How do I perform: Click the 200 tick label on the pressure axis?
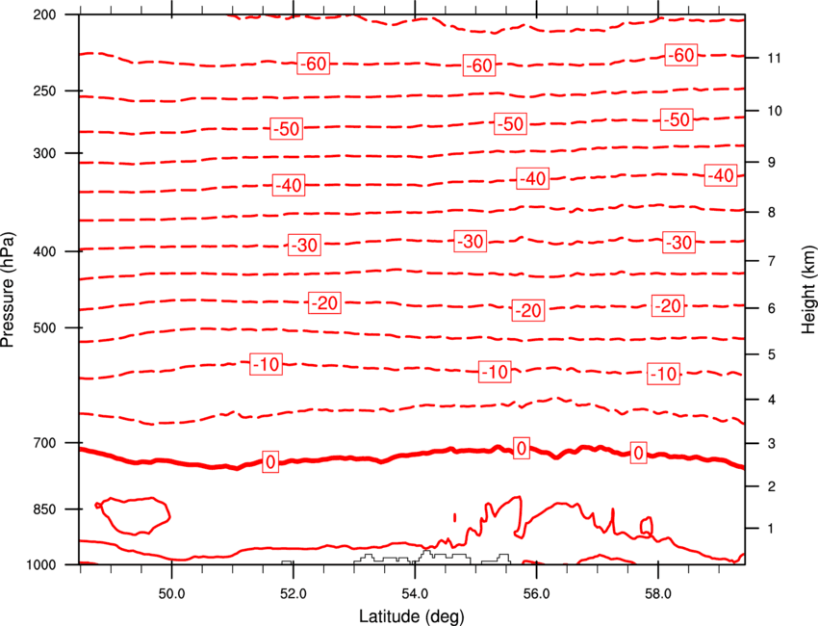coord(44,14)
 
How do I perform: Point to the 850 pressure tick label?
coord(44,509)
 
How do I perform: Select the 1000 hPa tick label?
coord(40,565)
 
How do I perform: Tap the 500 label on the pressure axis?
coord(44,327)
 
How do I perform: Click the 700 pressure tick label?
coord(44,443)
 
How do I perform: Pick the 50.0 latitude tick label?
coord(171,594)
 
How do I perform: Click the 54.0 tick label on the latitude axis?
coord(415,594)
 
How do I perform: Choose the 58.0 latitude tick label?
coord(658,594)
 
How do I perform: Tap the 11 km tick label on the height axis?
coord(774,58)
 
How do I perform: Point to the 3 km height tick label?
coord(772,444)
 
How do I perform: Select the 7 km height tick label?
coord(772,261)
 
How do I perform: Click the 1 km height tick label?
coord(771,529)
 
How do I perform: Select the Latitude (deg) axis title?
coord(412,616)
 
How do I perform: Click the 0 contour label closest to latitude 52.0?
coord(270,462)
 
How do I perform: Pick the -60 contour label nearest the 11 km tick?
coord(680,55)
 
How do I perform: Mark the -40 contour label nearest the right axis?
coord(721,175)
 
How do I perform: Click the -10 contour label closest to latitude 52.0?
coord(266,364)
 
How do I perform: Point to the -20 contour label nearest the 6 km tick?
coord(669,306)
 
